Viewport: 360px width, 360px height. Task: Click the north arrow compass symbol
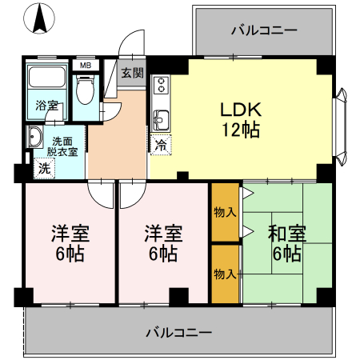[38, 20]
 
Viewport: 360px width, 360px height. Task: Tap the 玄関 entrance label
[133, 72]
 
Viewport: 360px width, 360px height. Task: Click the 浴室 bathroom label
[46, 106]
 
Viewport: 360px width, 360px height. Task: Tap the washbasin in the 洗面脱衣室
[35, 138]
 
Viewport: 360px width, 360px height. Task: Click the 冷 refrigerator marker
[160, 146]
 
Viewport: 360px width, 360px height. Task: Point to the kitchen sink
[160, 120]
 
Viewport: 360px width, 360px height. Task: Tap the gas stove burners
[159, 84]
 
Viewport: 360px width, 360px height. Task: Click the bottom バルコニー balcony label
[178, 331]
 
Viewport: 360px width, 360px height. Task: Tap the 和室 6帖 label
[286, 244]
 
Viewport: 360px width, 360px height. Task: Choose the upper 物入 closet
[225, 212]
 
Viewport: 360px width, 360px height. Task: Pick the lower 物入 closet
[225, 274]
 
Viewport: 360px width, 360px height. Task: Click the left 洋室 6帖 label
[70, 244]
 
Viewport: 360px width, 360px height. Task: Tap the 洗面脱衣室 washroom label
[62, 146]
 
